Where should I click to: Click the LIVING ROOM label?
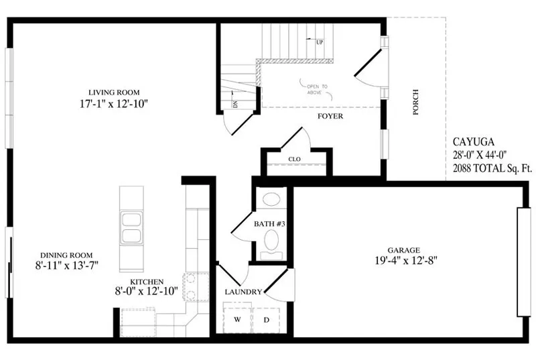tap(114, 93)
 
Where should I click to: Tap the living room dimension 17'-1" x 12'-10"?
tap(114, 104)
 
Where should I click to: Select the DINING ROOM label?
tap(66, 255)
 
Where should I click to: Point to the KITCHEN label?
tap(147, 282)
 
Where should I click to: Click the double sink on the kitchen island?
tap(131, 227)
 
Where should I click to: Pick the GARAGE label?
tap(404, 250)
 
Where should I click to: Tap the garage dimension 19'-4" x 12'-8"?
tap(406, 261)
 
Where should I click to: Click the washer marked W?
tap(237, 319)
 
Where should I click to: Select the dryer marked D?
tap(266, 320)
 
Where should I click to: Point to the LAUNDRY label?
tap(243, 292)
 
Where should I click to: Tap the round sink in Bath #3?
tap(272, 199)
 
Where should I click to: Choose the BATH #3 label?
tap(269, 224)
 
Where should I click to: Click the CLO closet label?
tap(294, 160)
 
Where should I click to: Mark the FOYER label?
tap(330, 116)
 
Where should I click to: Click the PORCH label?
tap(415, 102)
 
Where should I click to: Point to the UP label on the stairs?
tap(320, 42)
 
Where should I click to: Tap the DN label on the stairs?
tap(235, 104)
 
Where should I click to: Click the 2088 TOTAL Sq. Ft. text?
tap(492, 168)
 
